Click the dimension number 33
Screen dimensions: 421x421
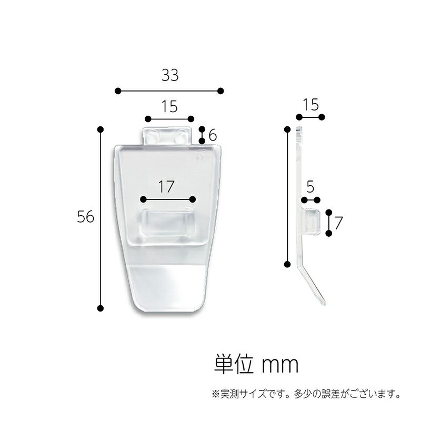click(x=170, y=75)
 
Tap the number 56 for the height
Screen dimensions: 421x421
click(x=85, y=216)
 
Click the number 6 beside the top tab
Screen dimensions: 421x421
click(x=213, y=135)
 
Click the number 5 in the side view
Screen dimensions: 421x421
click(x=310, y=186)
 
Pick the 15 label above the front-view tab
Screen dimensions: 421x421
click(x=169, y=107)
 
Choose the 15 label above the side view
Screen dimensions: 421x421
click(x=311, y=105)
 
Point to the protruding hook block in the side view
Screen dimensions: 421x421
click(x=312, y=220)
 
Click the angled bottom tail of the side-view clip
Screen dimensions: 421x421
click(x=314, y=287)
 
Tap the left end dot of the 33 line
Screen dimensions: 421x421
click(x=118, y=91)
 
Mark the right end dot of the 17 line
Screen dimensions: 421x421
click(x=193, y=199)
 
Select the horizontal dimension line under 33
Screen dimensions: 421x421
click(x=169, y=91)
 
